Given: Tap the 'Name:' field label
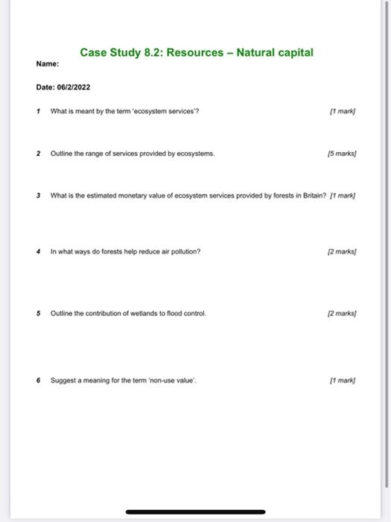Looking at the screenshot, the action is (47, 64).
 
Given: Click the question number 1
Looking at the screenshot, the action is (38, 111).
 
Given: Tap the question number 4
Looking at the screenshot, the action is (38, 251).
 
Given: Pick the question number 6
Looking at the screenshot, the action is (38, 380).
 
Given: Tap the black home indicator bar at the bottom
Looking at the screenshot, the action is (195, 512).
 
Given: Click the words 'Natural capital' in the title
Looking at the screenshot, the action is (275, 53).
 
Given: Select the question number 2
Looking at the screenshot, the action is (38, 153).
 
